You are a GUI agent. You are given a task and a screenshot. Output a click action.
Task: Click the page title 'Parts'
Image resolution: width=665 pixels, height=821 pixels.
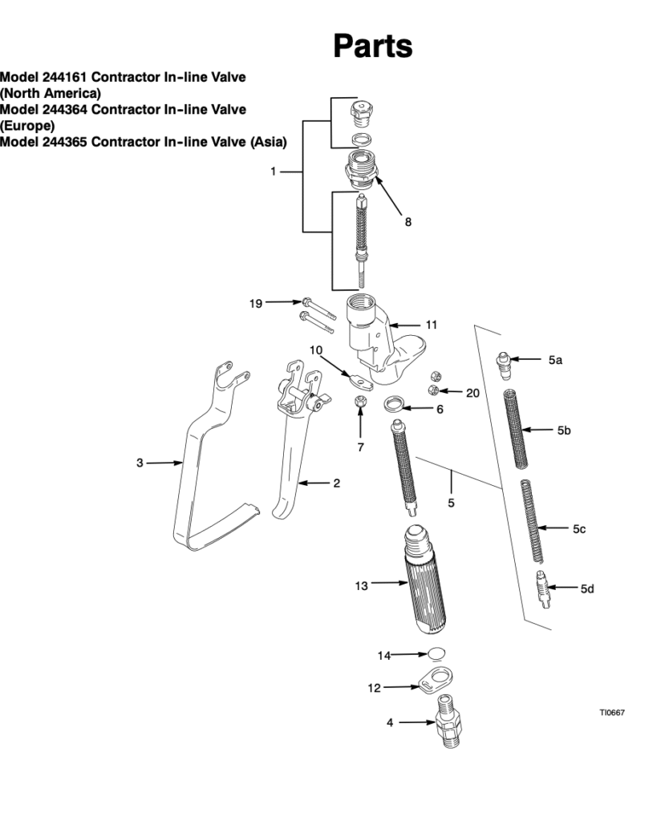coord(373,47)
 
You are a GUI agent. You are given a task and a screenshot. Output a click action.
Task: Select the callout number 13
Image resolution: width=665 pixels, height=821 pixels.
coord(361,586)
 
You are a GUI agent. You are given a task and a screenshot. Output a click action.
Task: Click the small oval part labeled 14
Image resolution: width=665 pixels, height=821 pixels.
coord(436,653)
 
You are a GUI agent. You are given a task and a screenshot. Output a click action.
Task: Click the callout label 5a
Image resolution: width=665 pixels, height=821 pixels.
coord(555,361)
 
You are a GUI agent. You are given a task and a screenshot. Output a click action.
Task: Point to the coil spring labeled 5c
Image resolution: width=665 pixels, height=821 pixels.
coord(532,520)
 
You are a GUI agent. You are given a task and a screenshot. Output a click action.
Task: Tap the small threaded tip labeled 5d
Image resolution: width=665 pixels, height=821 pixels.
coord(544,589)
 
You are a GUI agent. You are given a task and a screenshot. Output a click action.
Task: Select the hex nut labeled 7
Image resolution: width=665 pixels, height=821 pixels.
coord(360,401)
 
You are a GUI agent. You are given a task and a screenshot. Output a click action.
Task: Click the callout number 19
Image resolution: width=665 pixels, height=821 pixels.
coord(256,303)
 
